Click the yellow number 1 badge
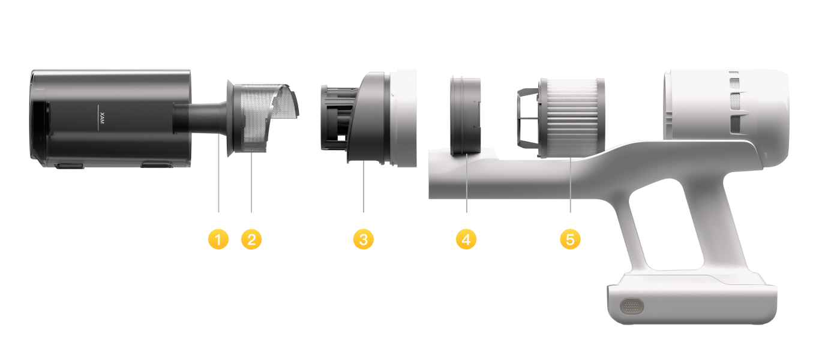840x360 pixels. pyautogui.click(x=218, y=239)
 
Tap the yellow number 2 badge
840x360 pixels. pyautogui.click(x=251, y=239)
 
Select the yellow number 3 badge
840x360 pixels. pyautogui.click(x=364, y=239)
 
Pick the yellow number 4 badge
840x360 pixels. pyautogui.click(x=466, y=239)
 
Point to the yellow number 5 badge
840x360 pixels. pyautogui.click(x=570, y=239)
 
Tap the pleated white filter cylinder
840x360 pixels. pyautogui.click(x=571, y=118)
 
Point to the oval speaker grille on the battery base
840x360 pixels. pyautogui.click(x=632, y=306)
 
